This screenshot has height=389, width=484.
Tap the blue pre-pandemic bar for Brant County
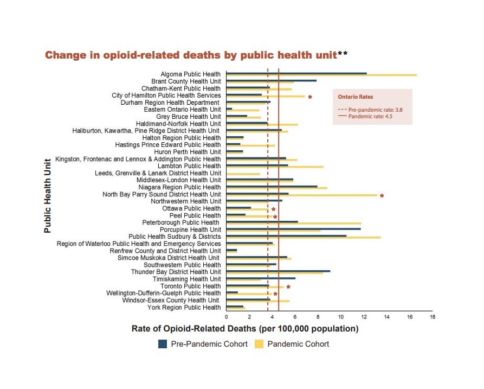(271, 81)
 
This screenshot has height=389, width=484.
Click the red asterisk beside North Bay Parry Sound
(382, 196)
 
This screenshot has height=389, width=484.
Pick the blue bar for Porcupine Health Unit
(293, 229)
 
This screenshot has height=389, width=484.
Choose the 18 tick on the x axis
(432, 316)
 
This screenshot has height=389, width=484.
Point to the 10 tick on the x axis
(340, 316)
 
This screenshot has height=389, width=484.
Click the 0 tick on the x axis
(226, 316)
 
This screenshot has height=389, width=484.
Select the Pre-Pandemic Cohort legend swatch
(163, 344)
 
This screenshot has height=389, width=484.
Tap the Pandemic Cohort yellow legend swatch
(259, 344)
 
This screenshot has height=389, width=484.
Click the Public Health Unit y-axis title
(47, 195)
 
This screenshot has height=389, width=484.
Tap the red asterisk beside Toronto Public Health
(288, 288)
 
